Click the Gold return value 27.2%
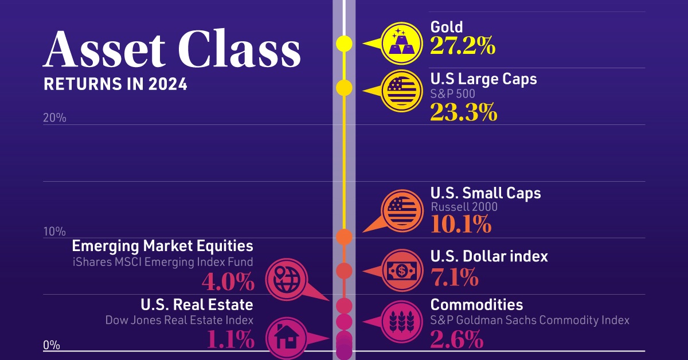463,46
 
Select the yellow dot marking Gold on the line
344,43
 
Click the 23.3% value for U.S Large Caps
464,112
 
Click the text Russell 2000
464,208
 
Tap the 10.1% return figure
460,224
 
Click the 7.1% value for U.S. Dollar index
454,278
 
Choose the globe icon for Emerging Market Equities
285,277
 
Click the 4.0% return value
227,282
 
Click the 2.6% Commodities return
456,341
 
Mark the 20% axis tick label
54,119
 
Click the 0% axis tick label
52,345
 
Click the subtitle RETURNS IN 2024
115,84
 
